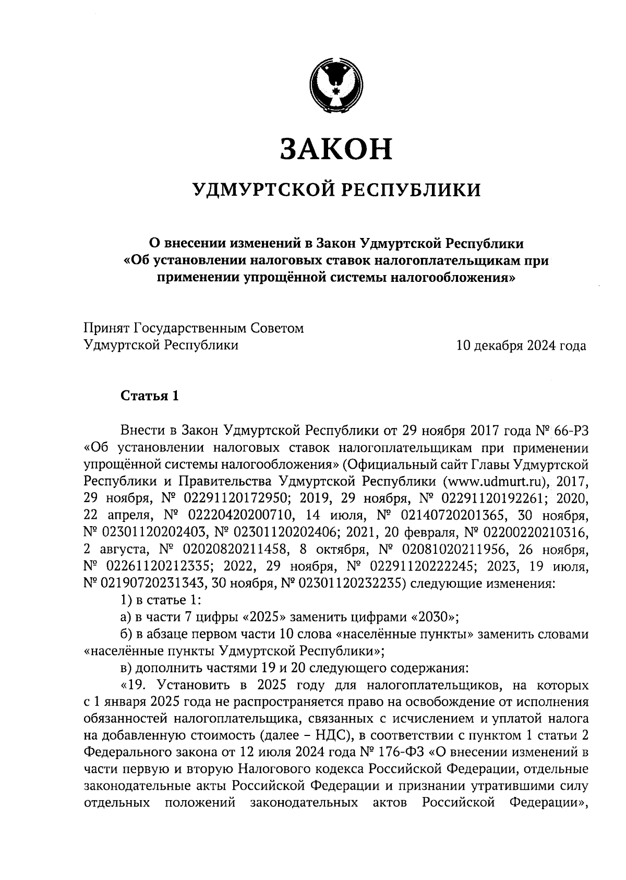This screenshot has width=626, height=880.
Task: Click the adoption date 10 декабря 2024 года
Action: (x=521, y=346)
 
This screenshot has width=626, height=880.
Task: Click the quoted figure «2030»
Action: (x=433, y=617)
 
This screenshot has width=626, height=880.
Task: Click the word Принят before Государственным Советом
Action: (x=107, y=328)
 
